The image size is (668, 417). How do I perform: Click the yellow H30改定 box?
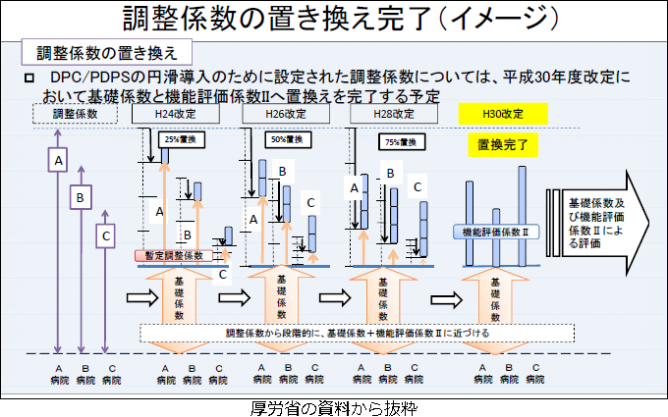coord(503,115)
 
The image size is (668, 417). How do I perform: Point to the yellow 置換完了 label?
coord(503,146)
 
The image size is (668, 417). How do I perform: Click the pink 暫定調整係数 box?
coord(174,255)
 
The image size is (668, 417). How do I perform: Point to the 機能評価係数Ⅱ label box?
coord(496,233)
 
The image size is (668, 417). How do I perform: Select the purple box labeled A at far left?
coord(59,159)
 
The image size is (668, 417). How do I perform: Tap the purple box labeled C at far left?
coord(105,235)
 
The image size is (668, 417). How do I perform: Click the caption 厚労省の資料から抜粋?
coord(334,406)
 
